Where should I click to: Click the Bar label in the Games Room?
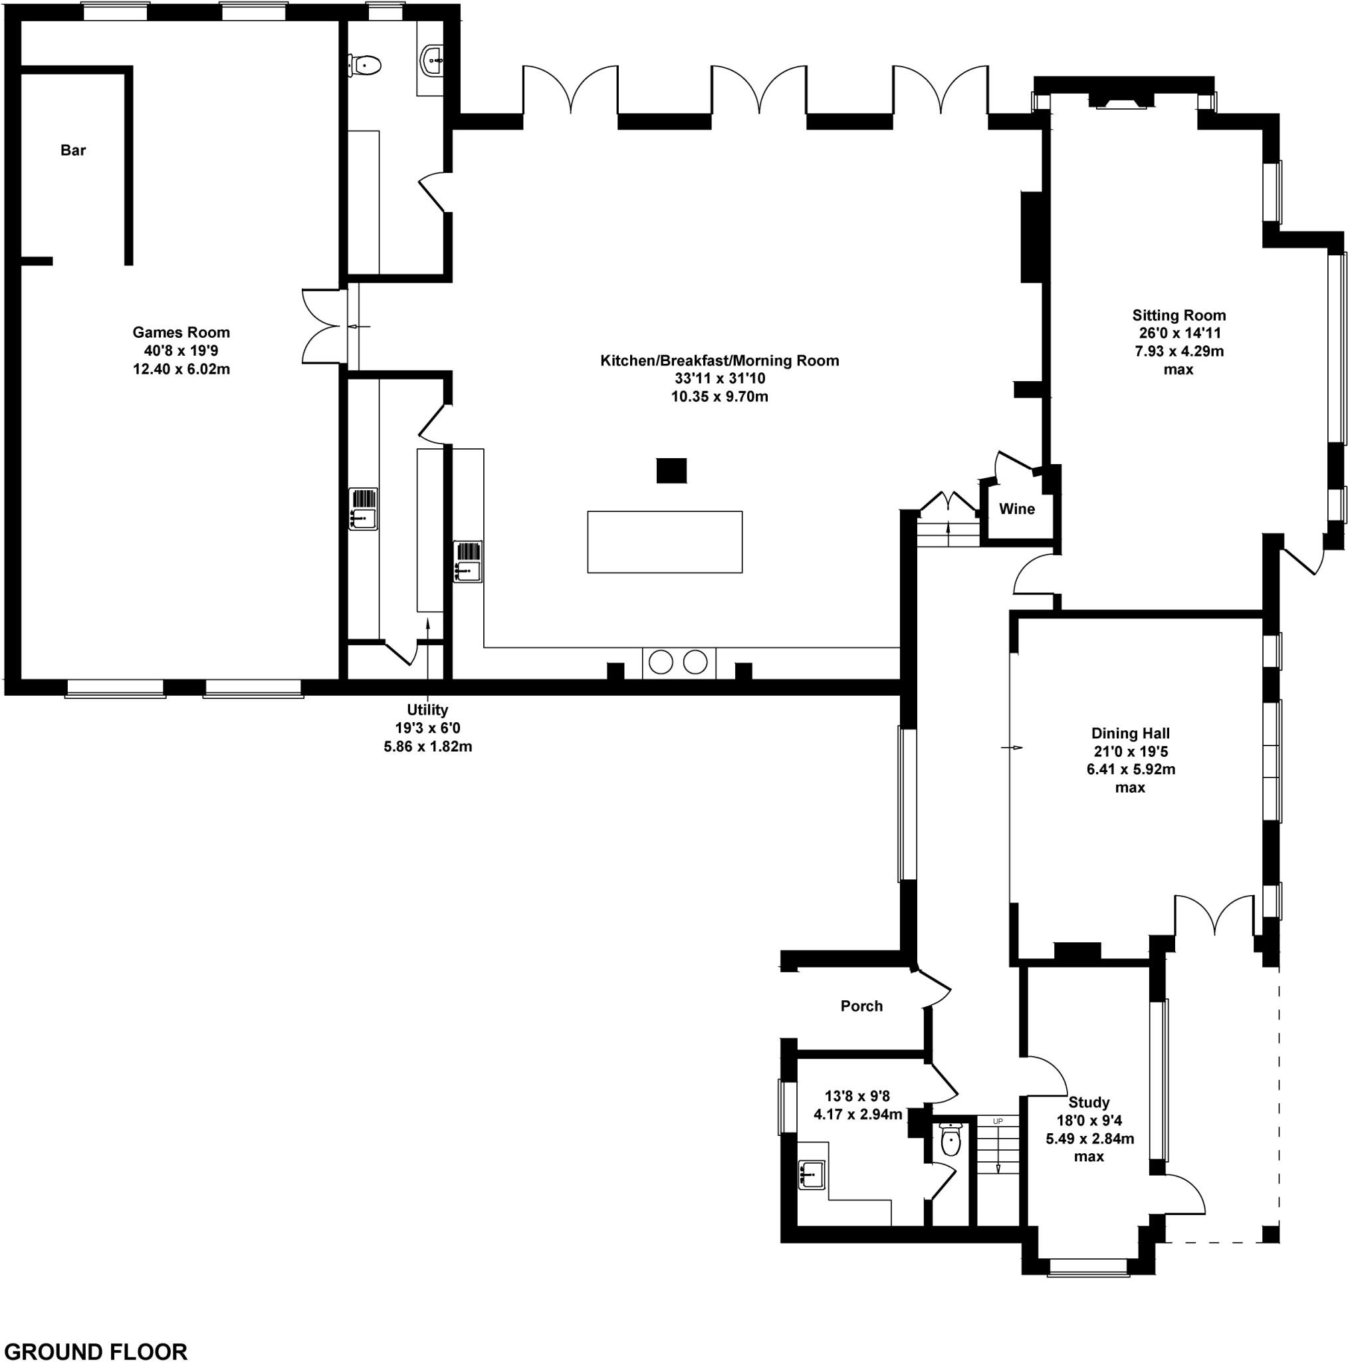click(73, 150)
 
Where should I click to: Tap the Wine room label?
click(1017, 509)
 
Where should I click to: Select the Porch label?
click(861, 1006)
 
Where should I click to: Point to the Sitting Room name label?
click(1179, 315)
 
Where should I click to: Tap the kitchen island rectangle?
click(665, 541)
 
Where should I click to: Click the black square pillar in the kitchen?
click(671, 470)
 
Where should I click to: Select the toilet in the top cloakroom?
click(365, 66)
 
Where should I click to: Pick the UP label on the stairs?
click(998, 1121)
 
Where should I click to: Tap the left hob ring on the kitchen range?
click(661, 662)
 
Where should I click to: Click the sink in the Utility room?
click(364, 509)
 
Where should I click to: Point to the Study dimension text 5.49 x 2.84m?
click(1089, 1139)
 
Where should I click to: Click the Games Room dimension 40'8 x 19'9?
click(181, 350)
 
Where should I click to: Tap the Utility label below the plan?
click(427, 710)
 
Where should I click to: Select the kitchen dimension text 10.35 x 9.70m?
click(719, 396)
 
